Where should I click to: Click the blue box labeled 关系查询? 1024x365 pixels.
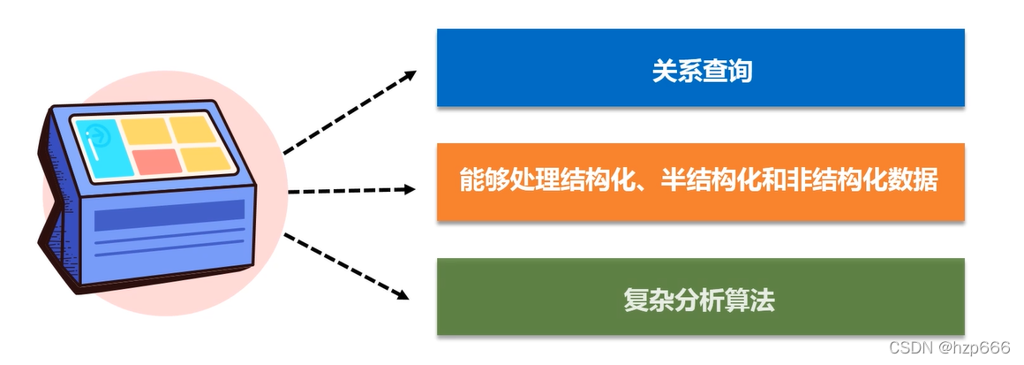701,67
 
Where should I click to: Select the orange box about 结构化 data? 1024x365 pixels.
701,182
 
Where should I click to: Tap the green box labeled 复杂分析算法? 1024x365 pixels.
701,296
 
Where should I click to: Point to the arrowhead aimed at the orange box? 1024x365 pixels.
409,190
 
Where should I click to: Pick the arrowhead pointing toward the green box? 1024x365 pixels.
403,294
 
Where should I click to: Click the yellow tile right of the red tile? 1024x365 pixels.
206,159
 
